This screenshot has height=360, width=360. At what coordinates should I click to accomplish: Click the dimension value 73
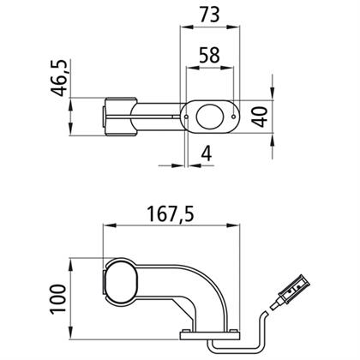click(x=210, y=15)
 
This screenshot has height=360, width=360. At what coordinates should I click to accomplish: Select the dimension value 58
click(x=210, y=55)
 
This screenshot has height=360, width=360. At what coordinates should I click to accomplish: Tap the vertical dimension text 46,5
click(x=59, y=78)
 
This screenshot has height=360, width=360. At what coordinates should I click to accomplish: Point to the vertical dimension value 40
click(x=259, y=117)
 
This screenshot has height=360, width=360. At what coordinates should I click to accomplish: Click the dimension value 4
click(x=207, y=153)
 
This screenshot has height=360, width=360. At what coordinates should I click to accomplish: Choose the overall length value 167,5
click(x=171, y=214)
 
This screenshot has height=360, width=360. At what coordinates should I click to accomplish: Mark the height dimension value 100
click(x=58, y=299)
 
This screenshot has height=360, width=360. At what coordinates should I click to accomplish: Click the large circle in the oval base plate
click(x=208, y=117)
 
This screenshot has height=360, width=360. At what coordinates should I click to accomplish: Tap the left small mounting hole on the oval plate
click(x=186, y=117)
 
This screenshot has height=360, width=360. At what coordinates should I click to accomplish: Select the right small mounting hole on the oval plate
click(x=233, y=117)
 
